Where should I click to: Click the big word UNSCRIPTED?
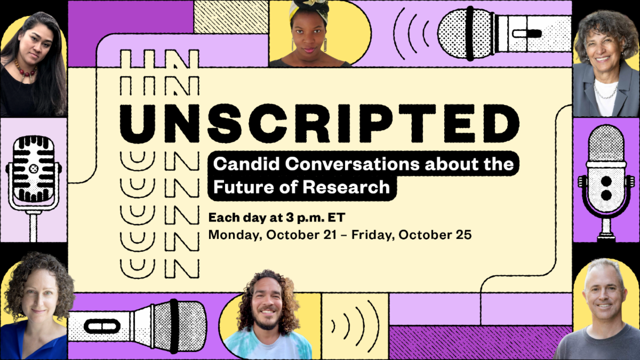pyautogui.click(x=319, y=123)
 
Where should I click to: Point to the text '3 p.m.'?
pyautogui.click(x=306, y=218)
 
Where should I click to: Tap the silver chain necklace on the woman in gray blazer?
pyautogui.click(x=605, y=91)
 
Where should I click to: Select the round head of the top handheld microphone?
pyautogui.click(x=454, y=34)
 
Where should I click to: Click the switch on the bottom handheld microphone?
pyautogui.click(x=102, y=326)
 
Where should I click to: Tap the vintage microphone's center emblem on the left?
pyautogui.click(x=34, y=169)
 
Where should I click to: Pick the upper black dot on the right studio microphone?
pyautogui.click(x=606, y=181)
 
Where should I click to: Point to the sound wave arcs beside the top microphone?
pyautogui.click(x=411, y=34)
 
